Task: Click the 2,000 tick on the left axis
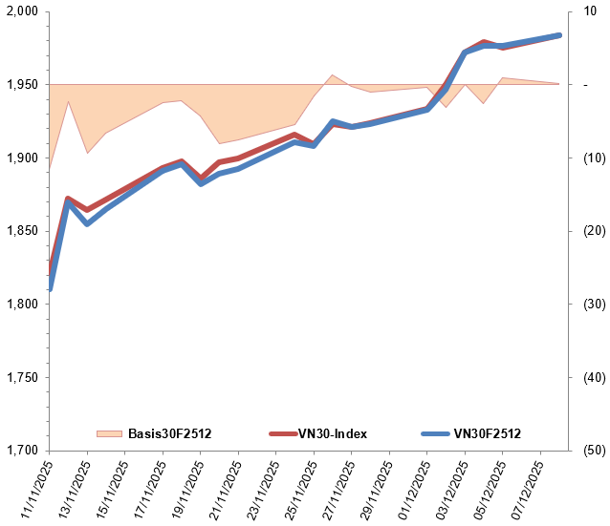(20, 11)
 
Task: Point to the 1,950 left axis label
(20, 85)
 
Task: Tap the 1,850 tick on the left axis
(20, 231)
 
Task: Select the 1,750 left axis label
(20, 377)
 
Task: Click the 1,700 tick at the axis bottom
(20, 451)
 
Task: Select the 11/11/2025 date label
(31, 488)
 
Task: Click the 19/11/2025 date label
(181, 488)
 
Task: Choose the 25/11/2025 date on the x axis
(294, 488)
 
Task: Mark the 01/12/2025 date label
(406, 488)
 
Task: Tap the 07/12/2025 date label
(519, 488)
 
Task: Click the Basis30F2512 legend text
(169, 434)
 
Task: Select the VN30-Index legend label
(332, 434)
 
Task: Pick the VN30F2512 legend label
(488, 434)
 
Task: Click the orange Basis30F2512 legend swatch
(110, 434)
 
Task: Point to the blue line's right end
(559, 35)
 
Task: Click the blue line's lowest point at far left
(50, 288)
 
